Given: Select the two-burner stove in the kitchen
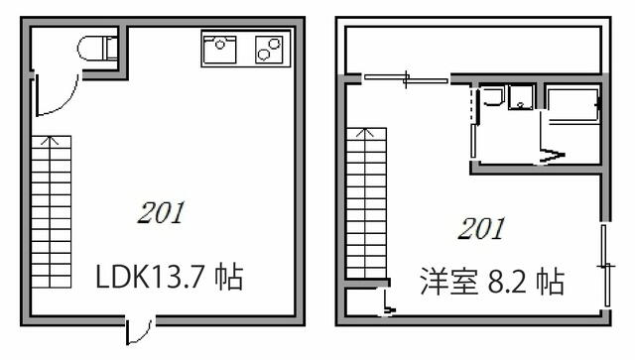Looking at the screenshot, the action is coord(268,47).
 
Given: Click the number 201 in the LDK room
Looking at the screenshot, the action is coord(161,213).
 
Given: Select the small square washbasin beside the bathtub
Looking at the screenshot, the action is coord(520,98).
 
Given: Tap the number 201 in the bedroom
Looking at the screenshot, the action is coord(481,229).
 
